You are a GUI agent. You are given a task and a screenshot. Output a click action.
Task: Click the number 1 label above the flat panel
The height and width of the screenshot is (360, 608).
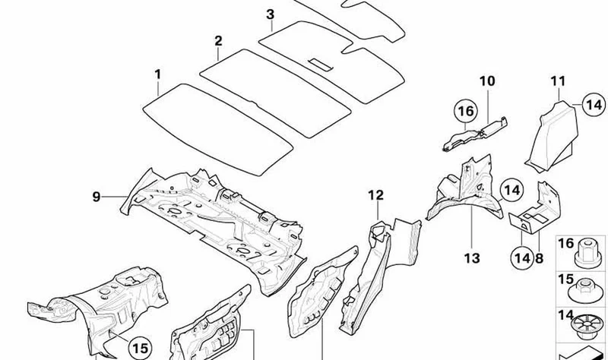pyautogui.click(x=157, y=74)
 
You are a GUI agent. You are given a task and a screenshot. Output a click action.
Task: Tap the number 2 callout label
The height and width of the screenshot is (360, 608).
pyautogui.click(x=218, y=41)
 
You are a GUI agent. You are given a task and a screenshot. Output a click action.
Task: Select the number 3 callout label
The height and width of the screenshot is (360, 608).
pyautogui.click(x=271, y=14)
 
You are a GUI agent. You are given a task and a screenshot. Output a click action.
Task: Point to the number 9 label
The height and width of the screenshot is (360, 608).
pyautogui.click(x=97, y=197)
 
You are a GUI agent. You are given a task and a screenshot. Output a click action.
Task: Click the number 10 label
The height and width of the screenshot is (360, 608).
pyautogui.click(x=487, y=81)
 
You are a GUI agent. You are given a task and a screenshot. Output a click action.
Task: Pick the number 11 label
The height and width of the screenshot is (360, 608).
pyautogui.click(x=558, y=81)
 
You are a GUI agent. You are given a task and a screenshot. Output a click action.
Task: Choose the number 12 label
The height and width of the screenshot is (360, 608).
pyautogui.click(x=375, y=195)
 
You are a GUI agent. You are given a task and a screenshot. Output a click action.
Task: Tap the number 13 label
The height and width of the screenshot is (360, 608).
pyautogui.click(x=472, y=258)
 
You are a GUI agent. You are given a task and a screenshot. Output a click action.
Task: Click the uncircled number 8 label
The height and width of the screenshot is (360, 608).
pyautogui.click(x=540, y=258)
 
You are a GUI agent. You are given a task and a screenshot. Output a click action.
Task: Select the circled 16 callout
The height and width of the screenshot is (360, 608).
pyautogui.click(x=466, y=111)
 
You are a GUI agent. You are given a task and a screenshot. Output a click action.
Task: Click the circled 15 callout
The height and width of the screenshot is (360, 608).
pyautogui.click(x=140, y=348)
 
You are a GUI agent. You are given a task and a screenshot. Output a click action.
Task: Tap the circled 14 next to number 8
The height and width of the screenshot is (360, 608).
pyautogui.click(x=522, y=257)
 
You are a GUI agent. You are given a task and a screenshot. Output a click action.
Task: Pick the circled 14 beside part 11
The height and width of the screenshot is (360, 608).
pyautogui.click(x=594, y=105)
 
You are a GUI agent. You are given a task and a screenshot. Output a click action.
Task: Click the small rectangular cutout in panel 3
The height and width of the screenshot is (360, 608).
pyautogui.click(x=321, y=65)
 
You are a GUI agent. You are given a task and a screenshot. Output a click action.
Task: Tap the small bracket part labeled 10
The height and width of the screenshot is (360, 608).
pyautogui.click(x=474, y=134)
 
